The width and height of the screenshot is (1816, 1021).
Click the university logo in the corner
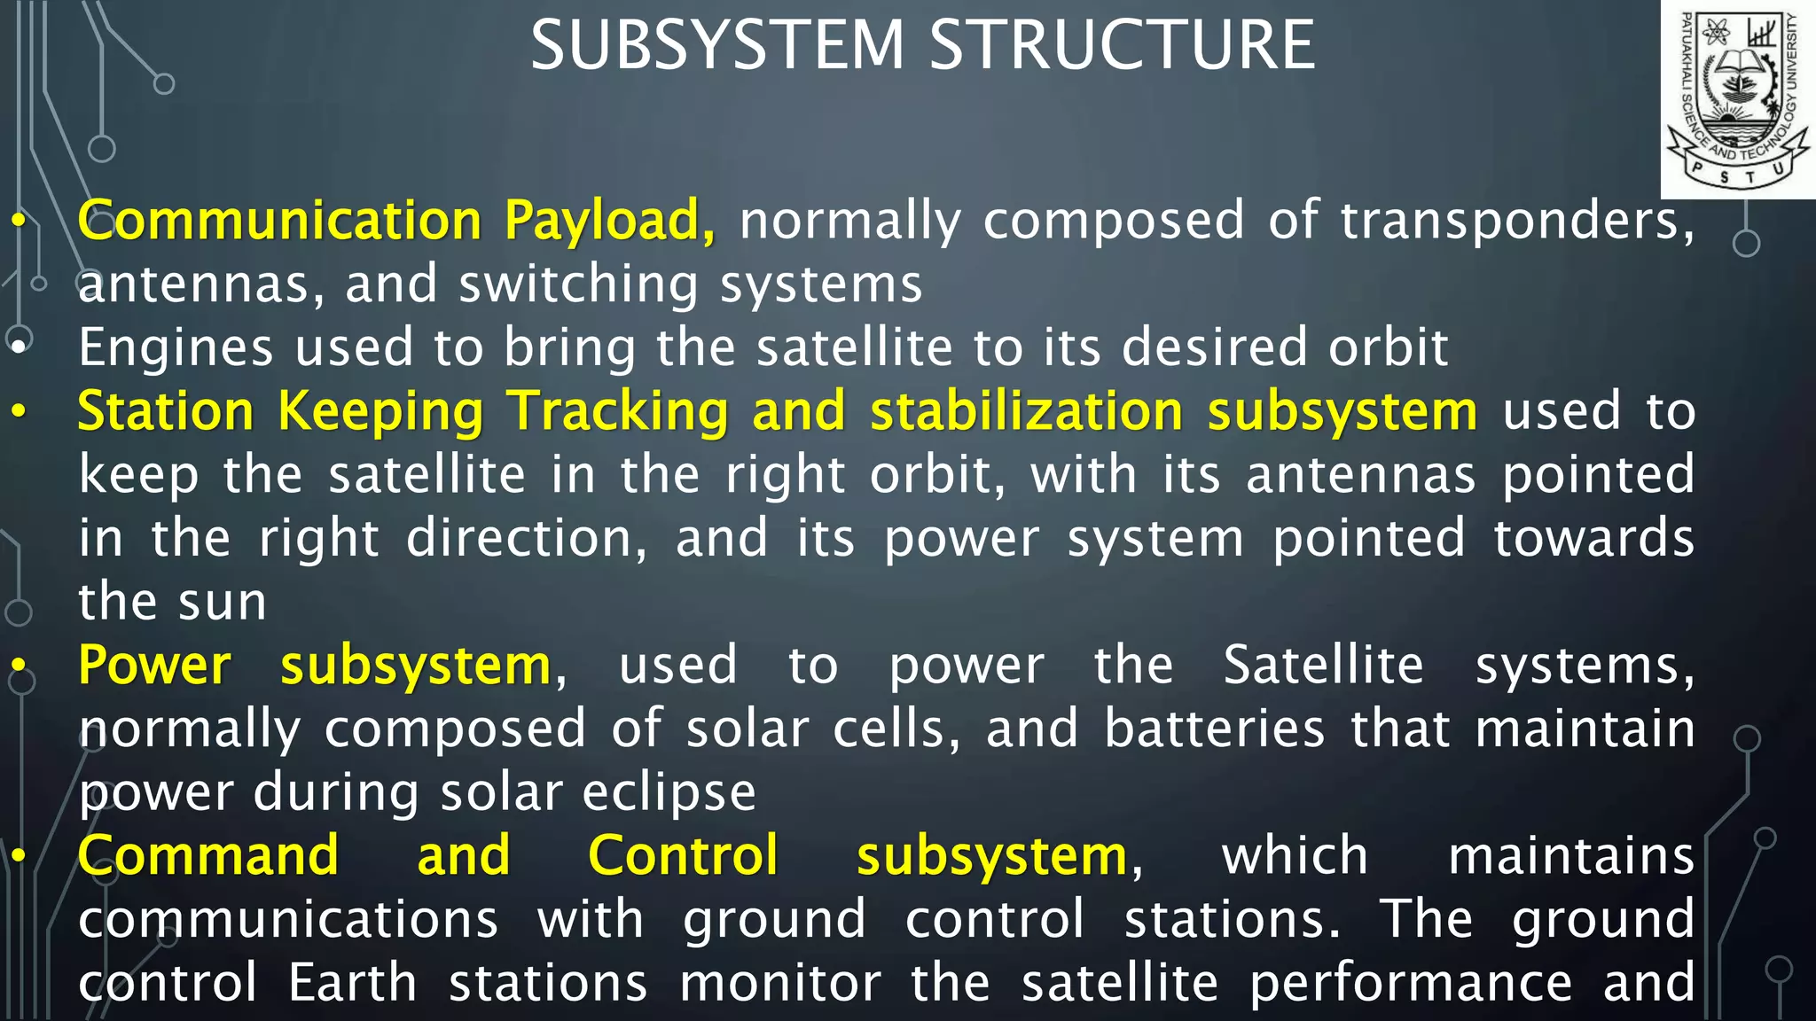click(x=1738, y=99)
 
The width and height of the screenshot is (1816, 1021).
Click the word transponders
click(x=1516, y=221)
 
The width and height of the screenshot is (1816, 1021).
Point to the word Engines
click(x=176, y=347)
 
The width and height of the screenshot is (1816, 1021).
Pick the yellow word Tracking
click(x=617, y=411)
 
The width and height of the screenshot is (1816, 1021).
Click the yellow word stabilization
click(x=1026, y=411)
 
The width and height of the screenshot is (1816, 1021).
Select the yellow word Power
click(x=154, y=666)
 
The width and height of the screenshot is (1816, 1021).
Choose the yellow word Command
click(x=208, y=856)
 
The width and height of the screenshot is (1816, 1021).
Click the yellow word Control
click(x=683, y=856)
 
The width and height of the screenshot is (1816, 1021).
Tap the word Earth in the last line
click(x=352, y=983)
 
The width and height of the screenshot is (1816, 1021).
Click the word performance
click(x=1411, y=983)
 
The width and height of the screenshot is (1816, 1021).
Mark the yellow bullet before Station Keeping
click(x=19, y=413)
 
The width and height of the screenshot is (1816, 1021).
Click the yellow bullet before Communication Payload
click(x=19, y=222)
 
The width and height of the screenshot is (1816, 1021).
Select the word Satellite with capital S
click(x=1323, y=666)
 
